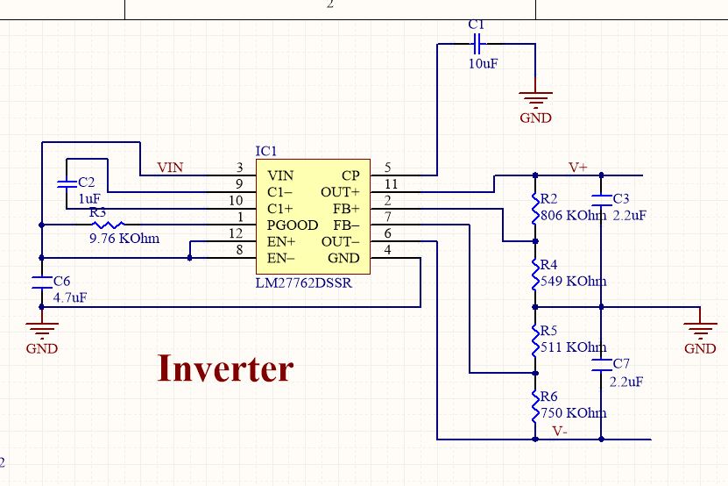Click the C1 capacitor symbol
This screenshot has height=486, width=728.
[477, 41]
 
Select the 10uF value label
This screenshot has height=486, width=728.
[482, 64]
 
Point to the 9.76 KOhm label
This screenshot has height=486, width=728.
[124, 238]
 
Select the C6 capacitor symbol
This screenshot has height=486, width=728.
[41, 282]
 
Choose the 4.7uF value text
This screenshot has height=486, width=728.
[70, 297]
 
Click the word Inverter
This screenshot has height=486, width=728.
[225, 368]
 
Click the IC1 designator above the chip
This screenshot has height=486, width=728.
[266, 152]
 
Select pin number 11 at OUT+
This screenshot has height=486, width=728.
[390, 184]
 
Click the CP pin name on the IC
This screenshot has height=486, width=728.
[350, 175]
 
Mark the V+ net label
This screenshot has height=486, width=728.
[578, 167]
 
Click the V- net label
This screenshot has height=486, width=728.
[561, 431]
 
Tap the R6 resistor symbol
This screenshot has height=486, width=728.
[535, 406]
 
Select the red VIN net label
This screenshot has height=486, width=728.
[170, 167]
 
